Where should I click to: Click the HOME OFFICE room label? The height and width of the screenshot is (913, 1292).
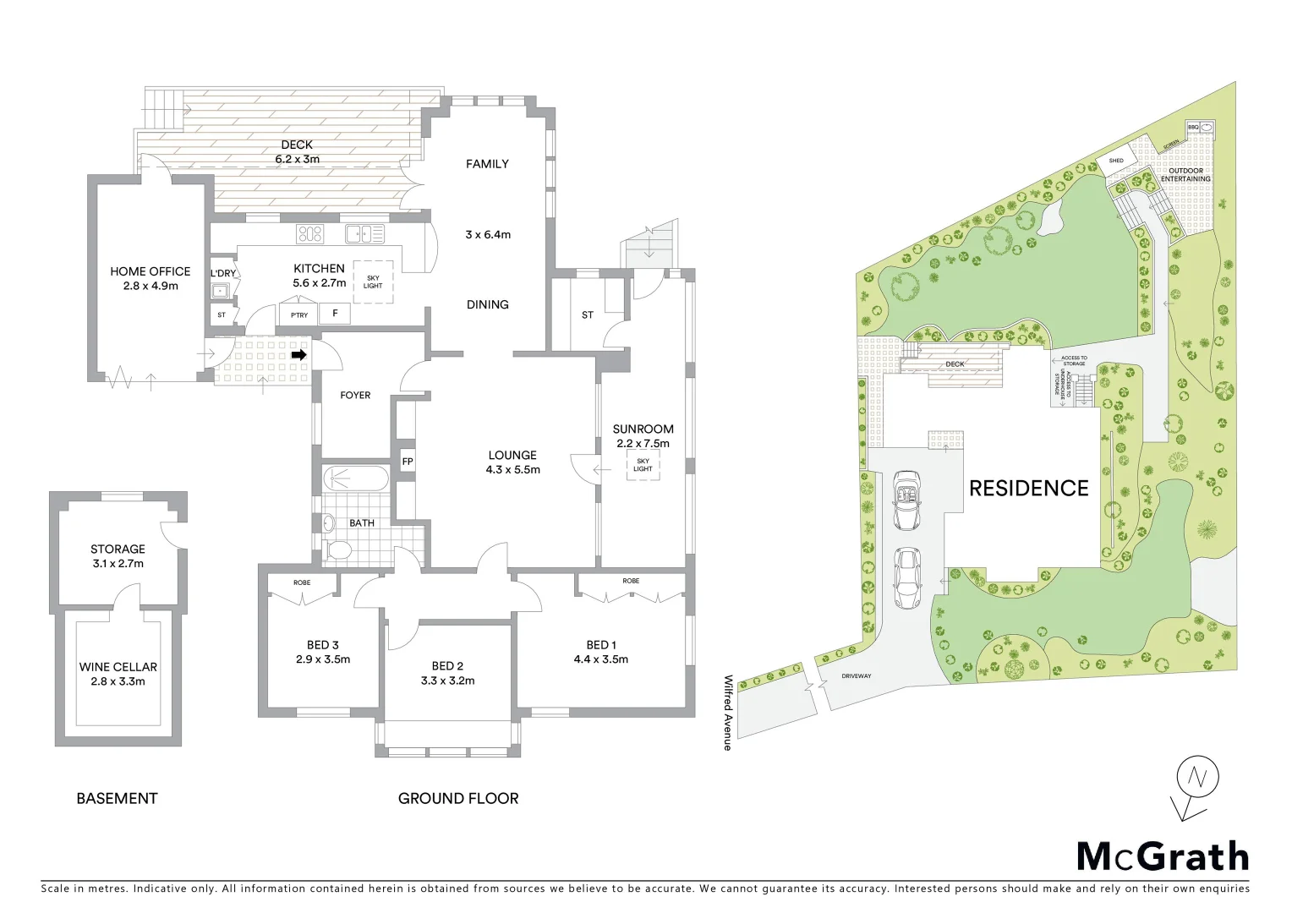tap(151, 278)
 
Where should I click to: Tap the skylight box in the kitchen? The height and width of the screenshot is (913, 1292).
tap(372, 281)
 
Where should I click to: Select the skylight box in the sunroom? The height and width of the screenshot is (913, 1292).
tap(643, 465)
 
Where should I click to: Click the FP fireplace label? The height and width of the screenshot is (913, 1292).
tap(407, 462)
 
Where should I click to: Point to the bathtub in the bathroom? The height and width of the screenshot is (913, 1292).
tap(355, 479)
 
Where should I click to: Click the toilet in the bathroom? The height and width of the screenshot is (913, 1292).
tap(340, 551)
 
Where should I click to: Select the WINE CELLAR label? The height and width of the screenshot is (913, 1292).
tap(118, 674)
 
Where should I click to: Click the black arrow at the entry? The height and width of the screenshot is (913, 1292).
tap(298, 356)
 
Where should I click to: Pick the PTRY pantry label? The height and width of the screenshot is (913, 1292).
tap(299, 315)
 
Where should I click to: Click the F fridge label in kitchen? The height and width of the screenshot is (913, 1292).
tap(336, 314)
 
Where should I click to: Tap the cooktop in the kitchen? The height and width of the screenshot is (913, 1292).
tap(310, 233)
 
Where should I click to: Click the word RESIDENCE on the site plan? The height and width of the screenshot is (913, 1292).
tap(1028, 488)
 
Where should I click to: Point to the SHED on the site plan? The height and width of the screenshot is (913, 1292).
tap(1116, 161)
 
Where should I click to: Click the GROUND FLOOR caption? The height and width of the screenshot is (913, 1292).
tap(457, 798)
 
